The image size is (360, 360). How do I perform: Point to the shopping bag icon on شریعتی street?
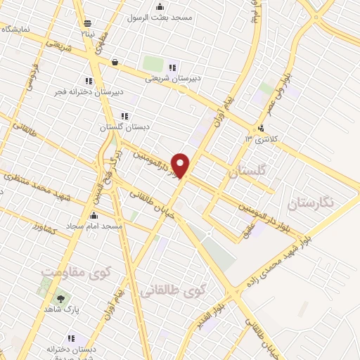(x=115, y=62)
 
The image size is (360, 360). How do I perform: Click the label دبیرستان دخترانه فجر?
(x=89, y=92)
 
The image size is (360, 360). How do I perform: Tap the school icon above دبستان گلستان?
(x=124, y=116)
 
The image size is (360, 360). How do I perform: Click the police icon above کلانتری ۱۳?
(x=262, y=128)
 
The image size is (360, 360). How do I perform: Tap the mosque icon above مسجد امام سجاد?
(x=94, y=215)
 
